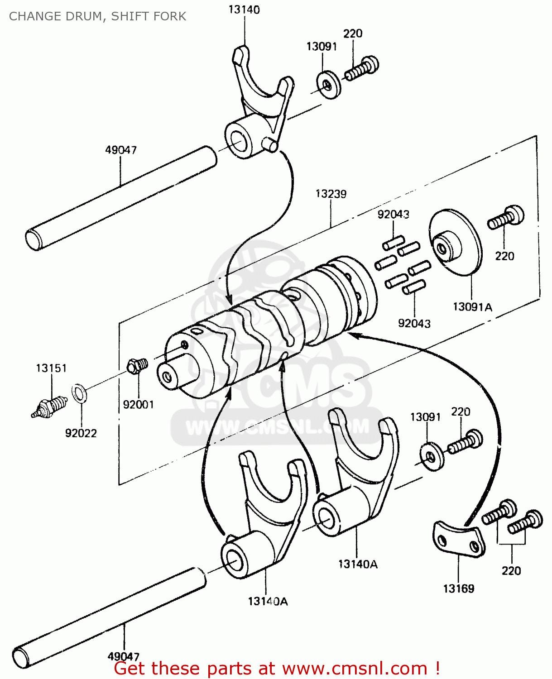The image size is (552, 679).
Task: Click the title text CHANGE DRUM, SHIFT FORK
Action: (x=97, y=16)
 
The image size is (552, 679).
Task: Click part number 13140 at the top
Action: (x=244, y=9)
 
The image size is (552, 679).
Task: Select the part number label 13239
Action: (x=331, y=194)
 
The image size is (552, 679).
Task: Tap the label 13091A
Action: (x=472, y=307)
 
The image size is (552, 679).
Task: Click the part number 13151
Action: (x=51, y=368)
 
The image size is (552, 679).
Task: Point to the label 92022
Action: (x=81, y=433)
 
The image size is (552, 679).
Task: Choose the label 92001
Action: (x=139, y=404)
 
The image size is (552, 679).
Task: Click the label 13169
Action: (x=458, y=588)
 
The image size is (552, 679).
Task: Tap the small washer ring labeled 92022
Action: (x=80, y=393)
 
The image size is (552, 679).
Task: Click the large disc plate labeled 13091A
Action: (x=455, y=242)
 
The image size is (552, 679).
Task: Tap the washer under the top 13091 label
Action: (x=329, y=85)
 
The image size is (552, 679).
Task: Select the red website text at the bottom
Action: (x=277, y=668)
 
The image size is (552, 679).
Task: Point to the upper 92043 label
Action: (x=393, y=214)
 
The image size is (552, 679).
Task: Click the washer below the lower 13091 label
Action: (x=432, y=456)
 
